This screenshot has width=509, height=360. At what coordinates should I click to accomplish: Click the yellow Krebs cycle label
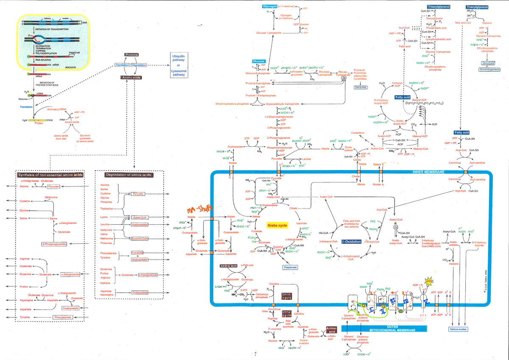point(277,226)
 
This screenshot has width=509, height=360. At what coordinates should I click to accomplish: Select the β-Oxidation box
point(350,242)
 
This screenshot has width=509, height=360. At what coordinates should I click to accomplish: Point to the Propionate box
point(290,268)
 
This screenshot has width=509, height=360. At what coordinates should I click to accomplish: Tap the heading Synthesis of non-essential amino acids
point(50,175)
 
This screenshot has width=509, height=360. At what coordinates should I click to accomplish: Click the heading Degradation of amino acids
point(129,175)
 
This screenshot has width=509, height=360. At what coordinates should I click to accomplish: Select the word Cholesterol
point(358,133)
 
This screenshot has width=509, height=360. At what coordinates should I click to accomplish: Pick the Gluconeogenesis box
point(489,69)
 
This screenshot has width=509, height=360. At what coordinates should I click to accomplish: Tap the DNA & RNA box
point(360,87)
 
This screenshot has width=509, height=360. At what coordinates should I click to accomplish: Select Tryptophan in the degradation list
point(106,209)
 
